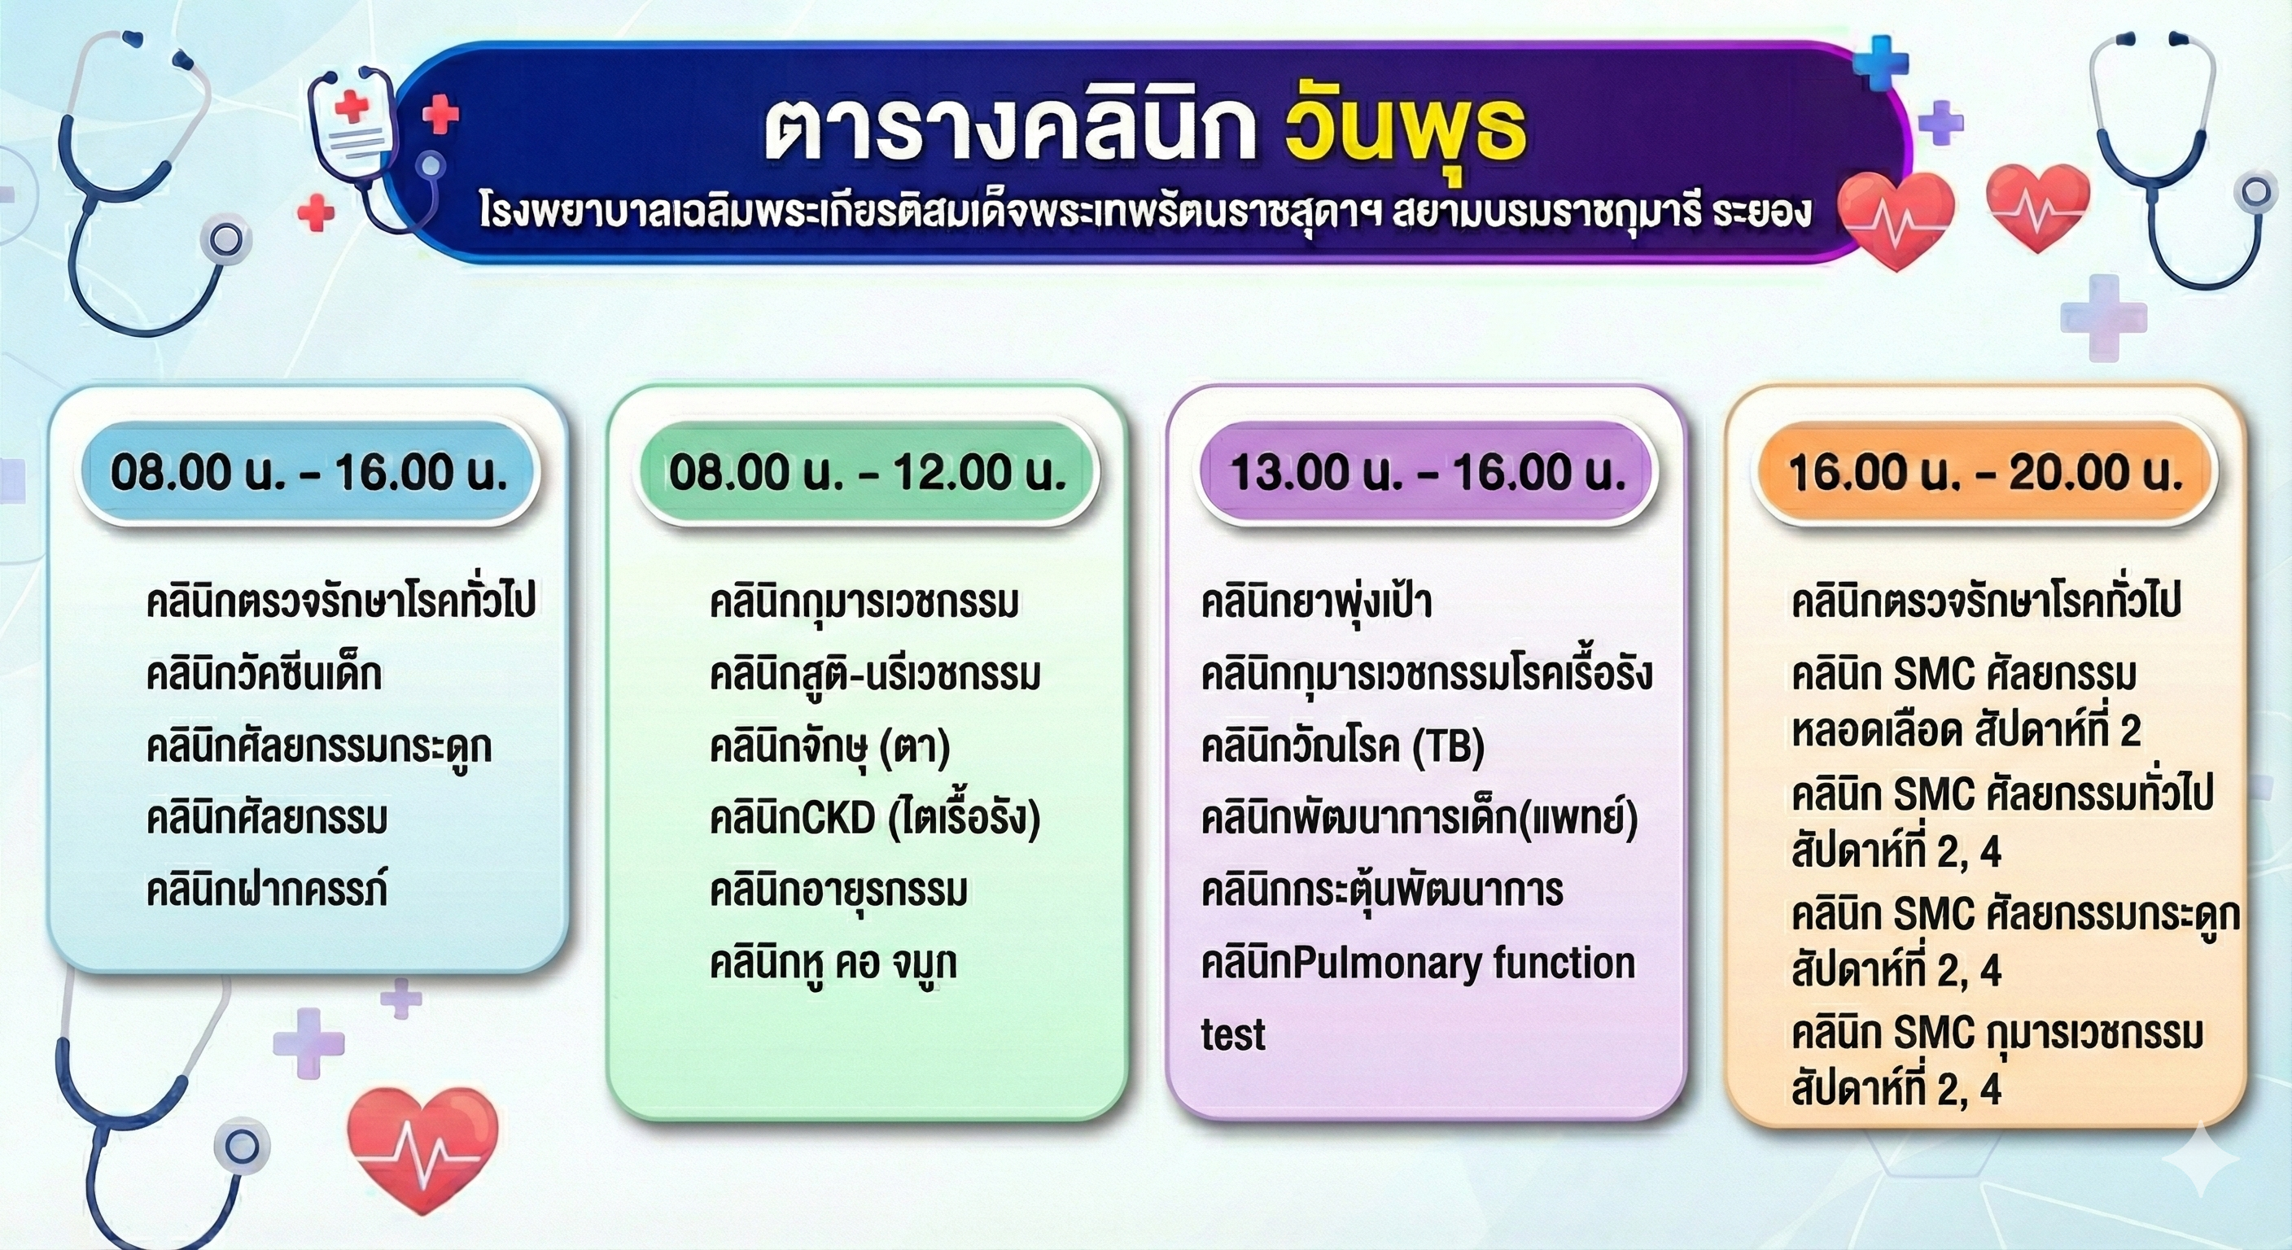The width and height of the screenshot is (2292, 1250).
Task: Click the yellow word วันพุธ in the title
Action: (x=1406, y=131)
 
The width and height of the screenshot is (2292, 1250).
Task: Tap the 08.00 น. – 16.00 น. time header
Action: (x=308, y=473)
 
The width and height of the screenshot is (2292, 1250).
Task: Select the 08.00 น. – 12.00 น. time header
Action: (x=868, y=473)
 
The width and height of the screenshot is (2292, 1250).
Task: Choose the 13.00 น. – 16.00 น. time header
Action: (x=1427, y=473)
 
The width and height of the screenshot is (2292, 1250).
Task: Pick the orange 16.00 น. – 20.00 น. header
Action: (x=1985, y=473)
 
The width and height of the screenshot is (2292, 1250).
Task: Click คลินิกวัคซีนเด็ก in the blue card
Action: (x=265, y=675)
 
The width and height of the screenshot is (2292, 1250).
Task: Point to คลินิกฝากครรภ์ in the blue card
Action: (x=267, y=889)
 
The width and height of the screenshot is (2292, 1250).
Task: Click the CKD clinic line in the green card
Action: (x=875, y=819)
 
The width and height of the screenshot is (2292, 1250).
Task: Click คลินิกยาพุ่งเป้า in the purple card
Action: (x=1316, y=602)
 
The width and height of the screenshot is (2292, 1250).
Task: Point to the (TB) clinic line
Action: (x=1343, y=746)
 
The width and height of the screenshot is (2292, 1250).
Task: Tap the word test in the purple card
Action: (x=1233, y=1034)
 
